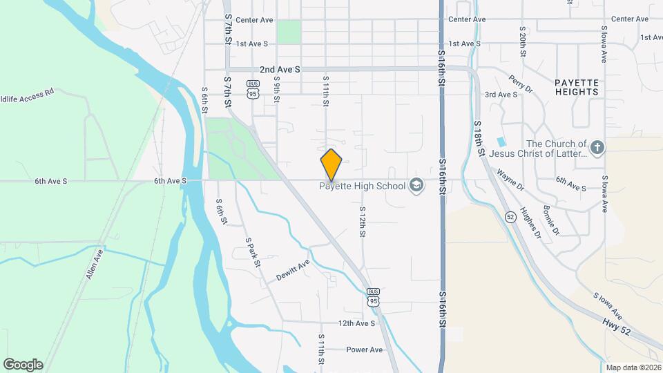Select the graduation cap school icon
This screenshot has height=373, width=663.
point(416,185)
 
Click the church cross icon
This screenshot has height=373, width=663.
point(598,146)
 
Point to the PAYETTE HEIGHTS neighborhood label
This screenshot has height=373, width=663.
point(576,86)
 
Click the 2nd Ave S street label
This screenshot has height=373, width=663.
point(280,70)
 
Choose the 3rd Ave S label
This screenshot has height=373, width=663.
point(501,95)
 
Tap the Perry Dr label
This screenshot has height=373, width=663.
point(521,84)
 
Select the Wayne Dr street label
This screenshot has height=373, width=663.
point(510,182)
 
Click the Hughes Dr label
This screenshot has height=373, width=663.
point(530,222)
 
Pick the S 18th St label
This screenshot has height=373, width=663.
point(479,137)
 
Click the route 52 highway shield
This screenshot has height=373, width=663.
point(510,217)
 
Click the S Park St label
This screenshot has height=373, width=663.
point(253,253)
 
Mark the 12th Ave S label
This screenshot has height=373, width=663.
point(356,323)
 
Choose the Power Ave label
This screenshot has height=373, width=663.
point(365,350)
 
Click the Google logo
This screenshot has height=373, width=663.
point(23,365)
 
